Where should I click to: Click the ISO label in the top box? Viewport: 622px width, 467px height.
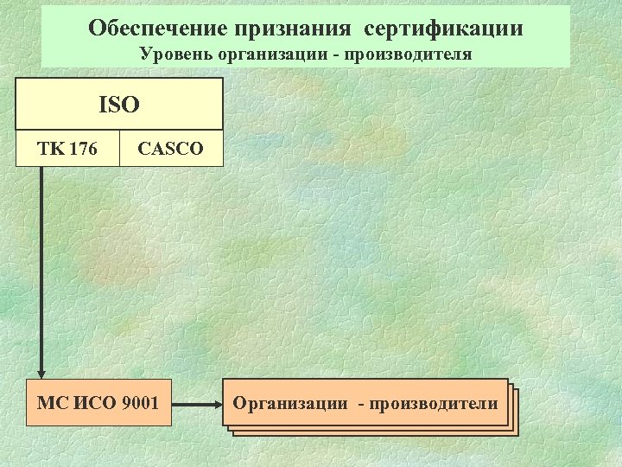119,106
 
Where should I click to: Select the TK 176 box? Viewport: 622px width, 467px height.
67,149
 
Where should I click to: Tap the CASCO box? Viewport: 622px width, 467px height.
171,149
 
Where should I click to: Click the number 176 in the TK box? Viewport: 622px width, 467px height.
82,149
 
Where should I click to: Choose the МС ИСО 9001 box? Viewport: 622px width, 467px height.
98,403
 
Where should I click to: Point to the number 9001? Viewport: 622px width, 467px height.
139,403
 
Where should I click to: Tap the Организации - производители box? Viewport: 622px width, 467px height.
365,403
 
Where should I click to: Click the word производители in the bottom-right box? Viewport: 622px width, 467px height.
435,404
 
